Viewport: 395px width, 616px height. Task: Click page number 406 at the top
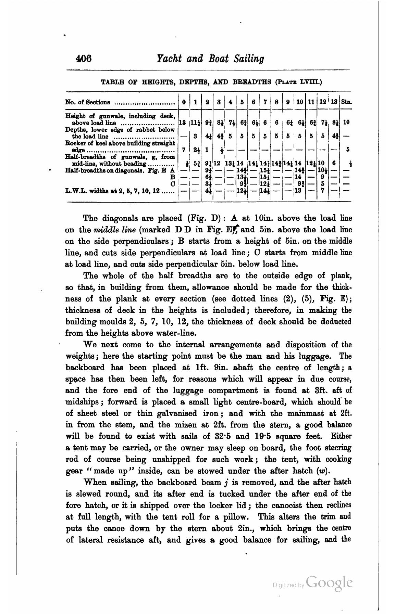84,59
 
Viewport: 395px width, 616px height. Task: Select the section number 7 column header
265,102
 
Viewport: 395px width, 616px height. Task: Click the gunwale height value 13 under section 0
183,122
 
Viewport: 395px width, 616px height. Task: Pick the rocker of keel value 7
184,150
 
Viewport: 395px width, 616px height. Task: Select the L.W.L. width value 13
298,190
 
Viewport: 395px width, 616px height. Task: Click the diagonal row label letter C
173,184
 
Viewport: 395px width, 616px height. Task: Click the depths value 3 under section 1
195,136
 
